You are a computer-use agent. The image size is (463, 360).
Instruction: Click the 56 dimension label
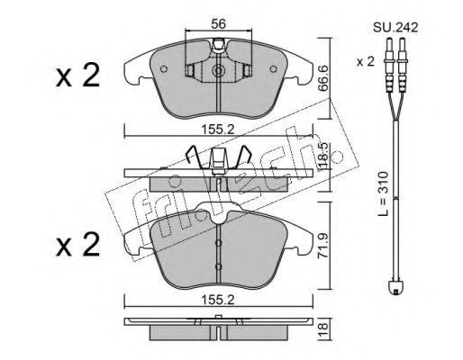pos(218,23)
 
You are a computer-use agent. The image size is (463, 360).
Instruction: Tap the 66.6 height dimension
pos(322,78)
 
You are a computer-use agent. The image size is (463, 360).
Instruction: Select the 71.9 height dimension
pos(322,246)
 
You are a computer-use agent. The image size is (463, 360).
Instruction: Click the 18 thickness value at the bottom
pos(323,329)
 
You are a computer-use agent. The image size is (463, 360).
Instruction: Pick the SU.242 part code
pos(395,28)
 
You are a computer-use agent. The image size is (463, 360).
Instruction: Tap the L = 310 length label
pos(383,193)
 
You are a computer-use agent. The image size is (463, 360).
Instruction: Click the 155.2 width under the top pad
pos(217,130)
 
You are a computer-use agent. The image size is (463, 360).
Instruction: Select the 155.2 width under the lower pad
pos(217,300)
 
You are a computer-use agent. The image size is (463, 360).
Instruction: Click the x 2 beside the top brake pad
pos(77,76)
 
